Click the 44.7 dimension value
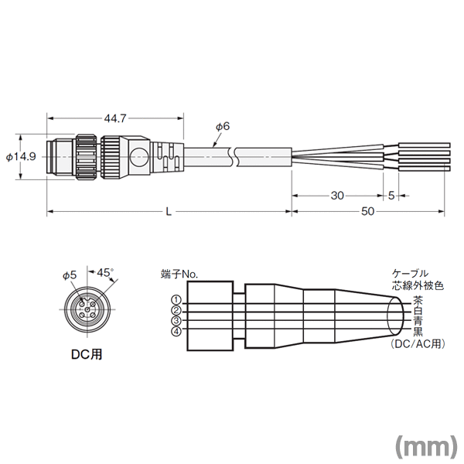(115, 118)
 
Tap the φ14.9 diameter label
(21, 156)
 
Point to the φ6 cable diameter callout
(223, 127)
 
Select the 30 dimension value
(337, 196)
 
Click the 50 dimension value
(367, 211)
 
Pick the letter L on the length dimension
(169, 211)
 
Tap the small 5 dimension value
(391, 196)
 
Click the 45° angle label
(105, 272)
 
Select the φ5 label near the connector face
(70, 275)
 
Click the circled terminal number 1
(176, 300)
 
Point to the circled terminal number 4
(176, 332)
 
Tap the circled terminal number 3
(176, 320)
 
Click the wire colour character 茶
(418, 300)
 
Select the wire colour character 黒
(418, 332)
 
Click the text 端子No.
(179, 275)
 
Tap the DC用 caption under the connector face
(87, 354)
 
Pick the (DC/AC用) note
(418, 344)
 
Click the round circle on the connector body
(138, 156)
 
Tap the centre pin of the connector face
(87, 309)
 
